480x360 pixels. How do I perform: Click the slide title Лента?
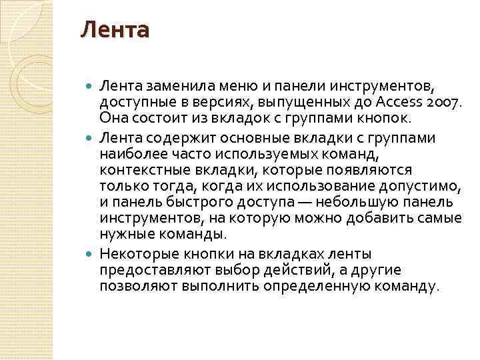(x=115, y=31)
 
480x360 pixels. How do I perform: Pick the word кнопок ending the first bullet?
(x=385, y=118)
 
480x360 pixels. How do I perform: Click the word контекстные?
(x=137, y=169)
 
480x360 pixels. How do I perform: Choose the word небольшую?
(x=353, y=201)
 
